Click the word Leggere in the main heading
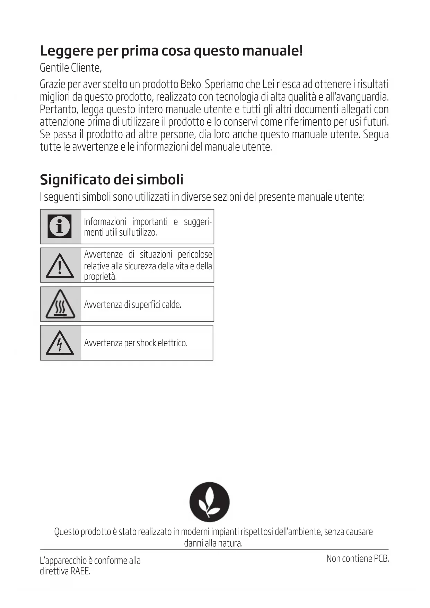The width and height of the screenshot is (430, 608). (67, 51)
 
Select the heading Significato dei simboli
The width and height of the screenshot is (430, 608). (112, 180)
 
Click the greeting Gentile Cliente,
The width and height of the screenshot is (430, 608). (71, 68)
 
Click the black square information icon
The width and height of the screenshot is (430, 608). (60, 226)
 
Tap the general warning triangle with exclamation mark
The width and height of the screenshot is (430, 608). (60, 266)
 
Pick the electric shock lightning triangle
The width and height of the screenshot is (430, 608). (60, 343)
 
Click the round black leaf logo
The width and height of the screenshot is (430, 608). (209, 502)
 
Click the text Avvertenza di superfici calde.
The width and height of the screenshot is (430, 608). (133, 305)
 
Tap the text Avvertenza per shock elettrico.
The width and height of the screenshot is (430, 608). (135, 343)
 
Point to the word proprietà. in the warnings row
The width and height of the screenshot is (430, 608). (100, 277)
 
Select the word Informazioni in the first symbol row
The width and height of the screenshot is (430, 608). (105, 222)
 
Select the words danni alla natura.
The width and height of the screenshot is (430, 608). (213, 543)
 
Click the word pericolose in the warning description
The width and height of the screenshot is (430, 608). (195, 255)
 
